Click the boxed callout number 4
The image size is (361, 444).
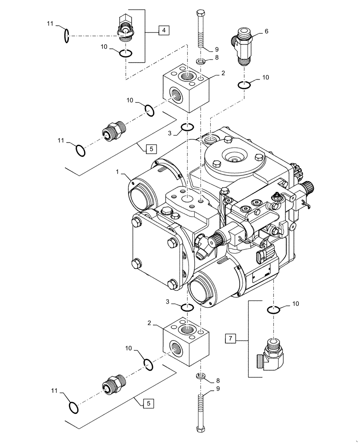click(164, 30)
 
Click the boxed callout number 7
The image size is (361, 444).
click(230, 339)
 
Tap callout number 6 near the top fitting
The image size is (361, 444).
click(266, 32)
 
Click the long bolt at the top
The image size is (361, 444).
click(201, 29)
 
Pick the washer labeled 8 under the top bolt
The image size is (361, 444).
click(201, 61)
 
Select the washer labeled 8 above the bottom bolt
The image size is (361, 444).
click(201, 377)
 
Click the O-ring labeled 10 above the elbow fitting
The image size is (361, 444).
click(273, 309)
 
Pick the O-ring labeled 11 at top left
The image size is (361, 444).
click(66, 36)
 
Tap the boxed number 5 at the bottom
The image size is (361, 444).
click(147, 404)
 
